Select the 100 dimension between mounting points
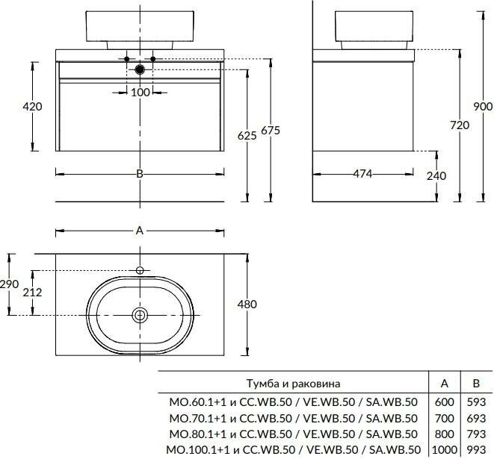(x=140, y=92)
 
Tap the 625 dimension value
(x=247, y=135)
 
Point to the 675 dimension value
(x=270, y=131)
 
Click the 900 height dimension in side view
(x=483, y=107)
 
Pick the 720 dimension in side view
(x=460, y=125)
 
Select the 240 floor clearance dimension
(x=436, y=176)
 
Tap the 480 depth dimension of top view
(x=247, y=305)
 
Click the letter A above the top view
(x=140, y=231)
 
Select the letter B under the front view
(x=140, y=174)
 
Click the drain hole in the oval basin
(x=140, y=316)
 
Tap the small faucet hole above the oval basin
(x=140, y=270)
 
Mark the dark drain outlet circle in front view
(x=140, y=69)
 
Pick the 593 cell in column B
(x=475, y=401)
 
